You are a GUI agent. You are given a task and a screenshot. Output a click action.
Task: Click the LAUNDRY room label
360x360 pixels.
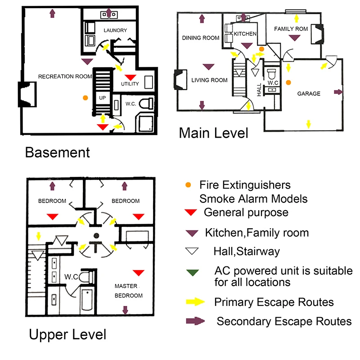(115, 30)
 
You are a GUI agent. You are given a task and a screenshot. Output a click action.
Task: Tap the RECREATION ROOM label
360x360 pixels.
(65, 76)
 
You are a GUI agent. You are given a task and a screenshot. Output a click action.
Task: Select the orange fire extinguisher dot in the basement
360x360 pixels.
(85, 98)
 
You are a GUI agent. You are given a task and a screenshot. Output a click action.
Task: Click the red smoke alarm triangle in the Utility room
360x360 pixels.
(130, 77)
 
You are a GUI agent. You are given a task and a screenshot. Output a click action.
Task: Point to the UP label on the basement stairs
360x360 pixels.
(103, 98)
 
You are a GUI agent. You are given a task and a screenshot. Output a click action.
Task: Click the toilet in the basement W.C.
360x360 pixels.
(146, 104)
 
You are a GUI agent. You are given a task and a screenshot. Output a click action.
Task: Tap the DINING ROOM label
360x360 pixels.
(201, 38)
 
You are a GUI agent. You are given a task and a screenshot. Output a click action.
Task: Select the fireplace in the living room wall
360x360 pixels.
(180, 80)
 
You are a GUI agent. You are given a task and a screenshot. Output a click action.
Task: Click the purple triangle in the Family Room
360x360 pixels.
(295, 38)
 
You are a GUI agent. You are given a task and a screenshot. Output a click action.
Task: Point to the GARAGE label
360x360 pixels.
(309, 94)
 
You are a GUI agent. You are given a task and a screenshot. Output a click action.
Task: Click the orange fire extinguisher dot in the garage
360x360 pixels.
(288, 82)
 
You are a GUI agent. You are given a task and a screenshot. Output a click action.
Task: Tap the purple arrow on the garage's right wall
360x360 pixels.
(338, 92)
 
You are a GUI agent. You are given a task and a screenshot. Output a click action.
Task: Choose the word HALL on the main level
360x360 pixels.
(259, 90)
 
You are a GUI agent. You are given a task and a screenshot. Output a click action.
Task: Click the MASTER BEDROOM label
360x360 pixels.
(129, 291)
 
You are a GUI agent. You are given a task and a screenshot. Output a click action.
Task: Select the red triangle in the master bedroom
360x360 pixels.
(139, 273)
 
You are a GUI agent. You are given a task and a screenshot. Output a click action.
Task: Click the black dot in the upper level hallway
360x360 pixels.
(96, 235)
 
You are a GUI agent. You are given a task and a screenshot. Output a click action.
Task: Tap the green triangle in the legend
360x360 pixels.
(193, 273)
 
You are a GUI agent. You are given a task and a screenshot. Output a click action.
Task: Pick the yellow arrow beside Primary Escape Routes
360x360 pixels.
(195, 301)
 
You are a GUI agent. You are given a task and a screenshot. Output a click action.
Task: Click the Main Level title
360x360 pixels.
(213, 133)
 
